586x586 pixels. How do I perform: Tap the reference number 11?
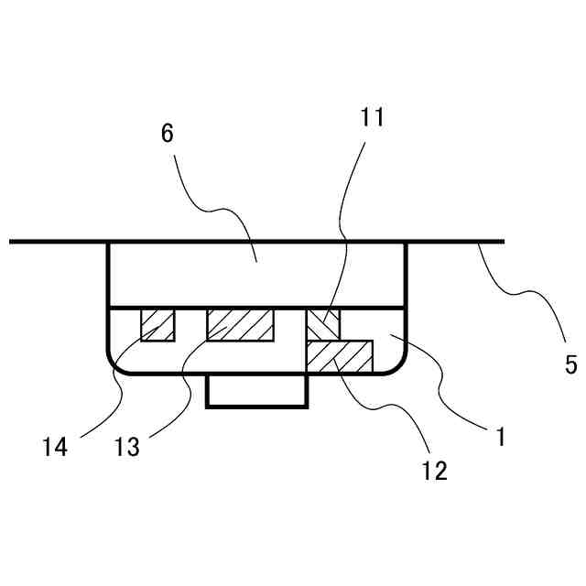click(373, 118)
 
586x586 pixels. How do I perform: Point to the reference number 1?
click(500, 437)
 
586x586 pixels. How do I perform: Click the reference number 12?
click(435, 471)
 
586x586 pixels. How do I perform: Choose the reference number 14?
click(55, 448)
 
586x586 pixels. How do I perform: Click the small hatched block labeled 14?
click(157, 324)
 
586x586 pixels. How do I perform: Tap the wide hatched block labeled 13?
click(240, 324)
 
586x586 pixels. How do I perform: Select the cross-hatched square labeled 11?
click(322, 324)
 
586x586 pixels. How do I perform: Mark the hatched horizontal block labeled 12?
click(340, 356)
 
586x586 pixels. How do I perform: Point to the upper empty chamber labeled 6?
click(256, 274)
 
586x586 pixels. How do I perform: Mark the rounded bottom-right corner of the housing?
click(398, 364)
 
